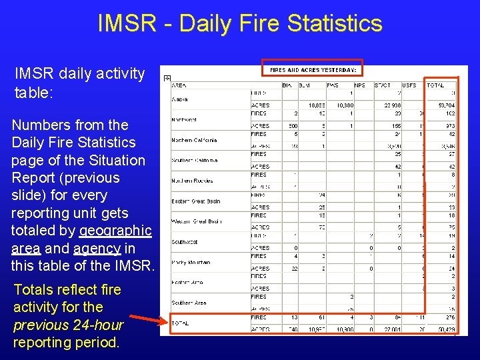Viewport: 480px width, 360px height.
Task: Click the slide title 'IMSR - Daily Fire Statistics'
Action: pos(240,24)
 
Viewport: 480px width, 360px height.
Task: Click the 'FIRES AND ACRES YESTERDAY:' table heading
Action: pos(313,69)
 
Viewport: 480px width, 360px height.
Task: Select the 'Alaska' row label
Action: pos(180,99)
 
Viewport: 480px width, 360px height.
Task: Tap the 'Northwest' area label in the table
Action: pos(184,119)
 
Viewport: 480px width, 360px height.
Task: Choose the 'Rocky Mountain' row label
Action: pos(191,262)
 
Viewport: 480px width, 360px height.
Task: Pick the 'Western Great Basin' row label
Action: pos(196,221)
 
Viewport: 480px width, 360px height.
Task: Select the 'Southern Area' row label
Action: pos(189,303)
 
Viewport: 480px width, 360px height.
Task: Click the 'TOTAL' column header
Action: pos(435,85)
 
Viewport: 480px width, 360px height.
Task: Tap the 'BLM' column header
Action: pos(303,85)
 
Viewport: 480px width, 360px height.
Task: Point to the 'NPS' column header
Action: pos(359,85)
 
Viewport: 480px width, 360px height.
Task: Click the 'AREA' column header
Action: pos(179,85)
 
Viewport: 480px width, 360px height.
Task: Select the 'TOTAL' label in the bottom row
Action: pos(180,323)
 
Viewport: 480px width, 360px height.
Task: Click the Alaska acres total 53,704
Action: pos(445,105)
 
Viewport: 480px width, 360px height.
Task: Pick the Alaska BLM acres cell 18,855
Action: pos(315,105)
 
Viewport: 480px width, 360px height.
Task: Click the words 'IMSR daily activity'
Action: pos(79,73)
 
